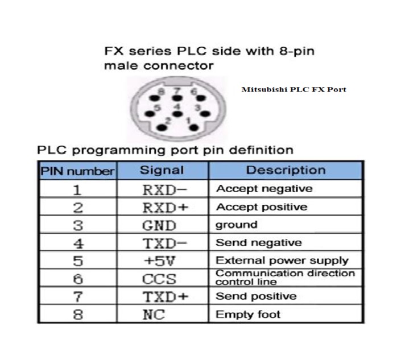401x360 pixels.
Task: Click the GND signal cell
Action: point(159,225)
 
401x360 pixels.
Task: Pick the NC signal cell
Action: point(153,314)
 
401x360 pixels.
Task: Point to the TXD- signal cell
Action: point(164,243)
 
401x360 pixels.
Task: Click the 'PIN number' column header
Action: point(77,171)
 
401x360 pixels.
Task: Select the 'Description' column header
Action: point(286,169)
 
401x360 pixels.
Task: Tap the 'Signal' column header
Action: point(162,169)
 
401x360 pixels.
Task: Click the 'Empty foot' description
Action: point(248,314)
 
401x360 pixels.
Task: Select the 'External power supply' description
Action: point(282,261)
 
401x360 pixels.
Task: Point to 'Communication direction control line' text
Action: point(285,278)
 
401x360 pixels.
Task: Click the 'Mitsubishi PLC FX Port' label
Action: point(293,89)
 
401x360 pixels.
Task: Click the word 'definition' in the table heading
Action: point(259,150)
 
